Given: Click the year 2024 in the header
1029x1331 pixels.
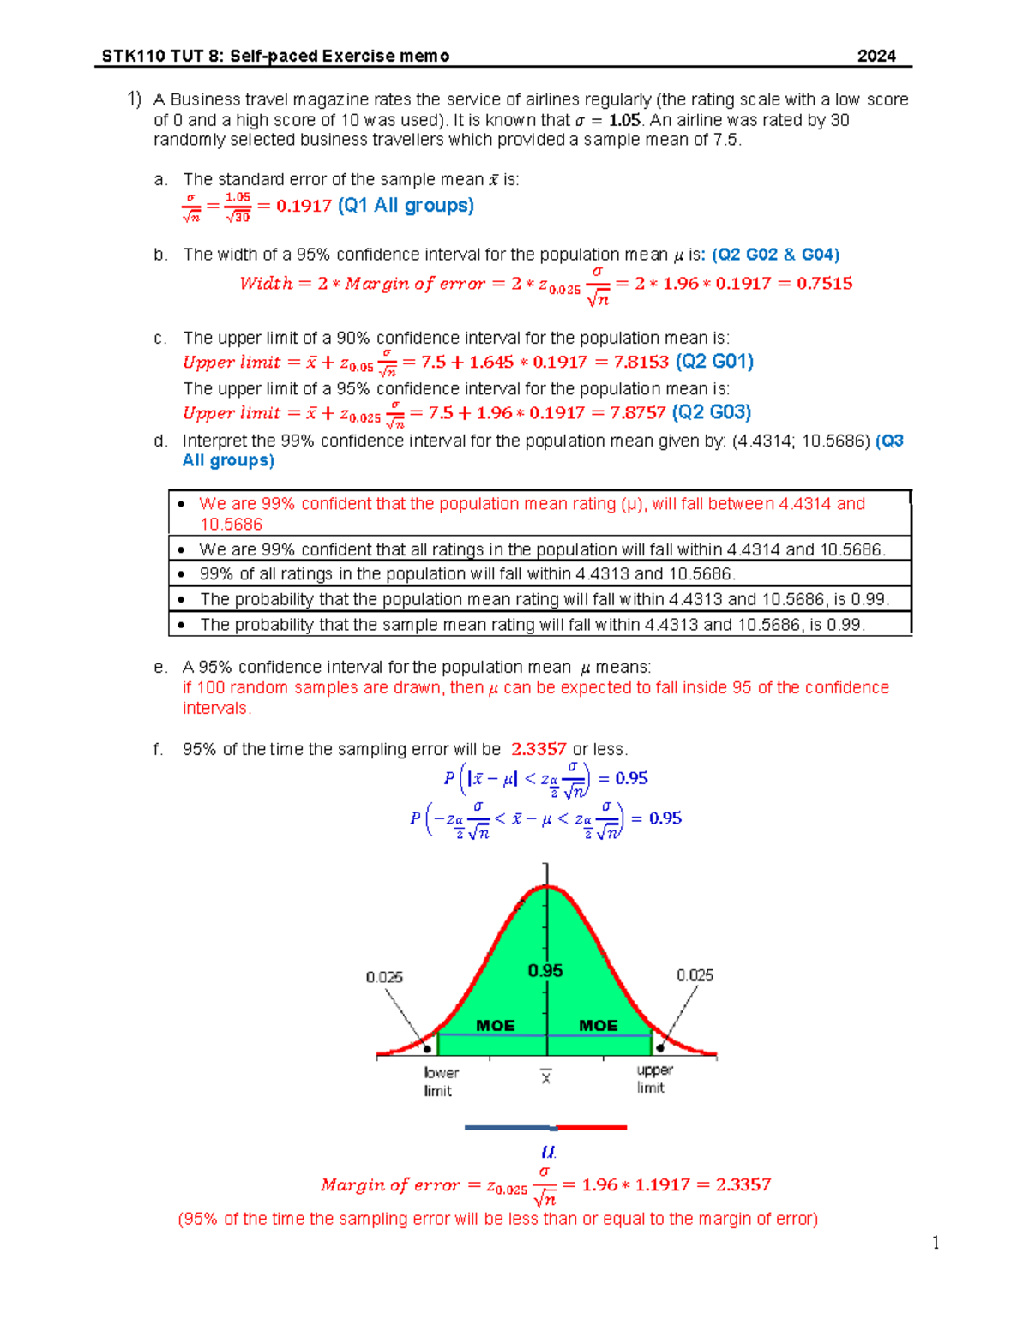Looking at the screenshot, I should coord(876,56).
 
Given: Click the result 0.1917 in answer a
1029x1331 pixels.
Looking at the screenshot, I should coord(304,206).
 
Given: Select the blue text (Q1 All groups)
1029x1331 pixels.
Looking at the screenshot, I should coord(406,205).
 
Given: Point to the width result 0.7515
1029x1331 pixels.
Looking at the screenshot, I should coord(824,283).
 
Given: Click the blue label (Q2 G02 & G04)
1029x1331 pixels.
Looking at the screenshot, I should coord(775,255).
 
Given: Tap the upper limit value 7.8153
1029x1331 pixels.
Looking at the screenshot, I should coord(641,362).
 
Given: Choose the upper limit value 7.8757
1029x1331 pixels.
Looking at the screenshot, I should coord(637,412).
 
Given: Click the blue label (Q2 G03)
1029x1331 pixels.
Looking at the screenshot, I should coord(712,412).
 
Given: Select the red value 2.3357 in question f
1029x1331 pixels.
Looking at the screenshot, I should coord(539,749).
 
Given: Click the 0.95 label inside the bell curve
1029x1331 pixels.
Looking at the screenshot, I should coord(545,970).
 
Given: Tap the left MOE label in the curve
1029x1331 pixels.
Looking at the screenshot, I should coord(496,1025).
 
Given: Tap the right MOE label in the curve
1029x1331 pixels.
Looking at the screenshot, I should coord(598,1025).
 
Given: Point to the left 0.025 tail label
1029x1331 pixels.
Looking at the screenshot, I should coord(384,977).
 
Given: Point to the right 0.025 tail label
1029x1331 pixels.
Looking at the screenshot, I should coord(695,975).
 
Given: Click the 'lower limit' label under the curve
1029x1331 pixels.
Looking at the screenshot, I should coord(441,1082).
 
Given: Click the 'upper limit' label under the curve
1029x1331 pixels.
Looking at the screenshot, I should coord(653,1078).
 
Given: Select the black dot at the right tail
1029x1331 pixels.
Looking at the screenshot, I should coord(660,1047).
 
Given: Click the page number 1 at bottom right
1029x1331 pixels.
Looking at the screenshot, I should coord(936,1243).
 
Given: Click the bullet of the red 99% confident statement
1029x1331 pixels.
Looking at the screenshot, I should coord(181,504).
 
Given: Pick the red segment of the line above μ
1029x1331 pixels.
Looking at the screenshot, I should coord(592,1128).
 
